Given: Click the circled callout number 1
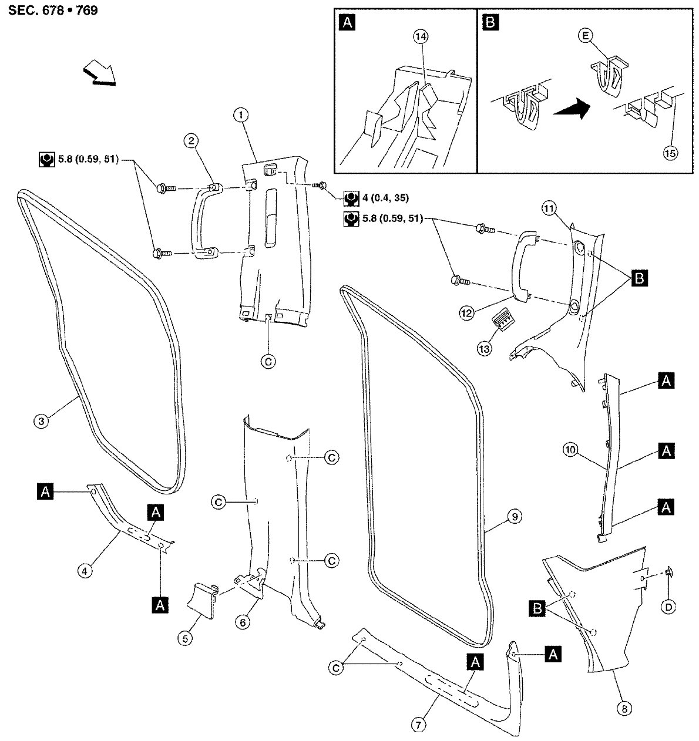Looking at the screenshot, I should point(240,115).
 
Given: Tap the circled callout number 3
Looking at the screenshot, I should point(41,420).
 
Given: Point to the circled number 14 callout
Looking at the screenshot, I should point(420,37).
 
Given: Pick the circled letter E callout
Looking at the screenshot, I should point(584,35).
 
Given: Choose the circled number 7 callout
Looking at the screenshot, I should point(418,725).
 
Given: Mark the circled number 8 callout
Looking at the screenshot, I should point(624,709).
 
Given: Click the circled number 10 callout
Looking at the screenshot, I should point(569,450).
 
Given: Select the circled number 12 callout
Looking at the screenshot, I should point(467,314).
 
